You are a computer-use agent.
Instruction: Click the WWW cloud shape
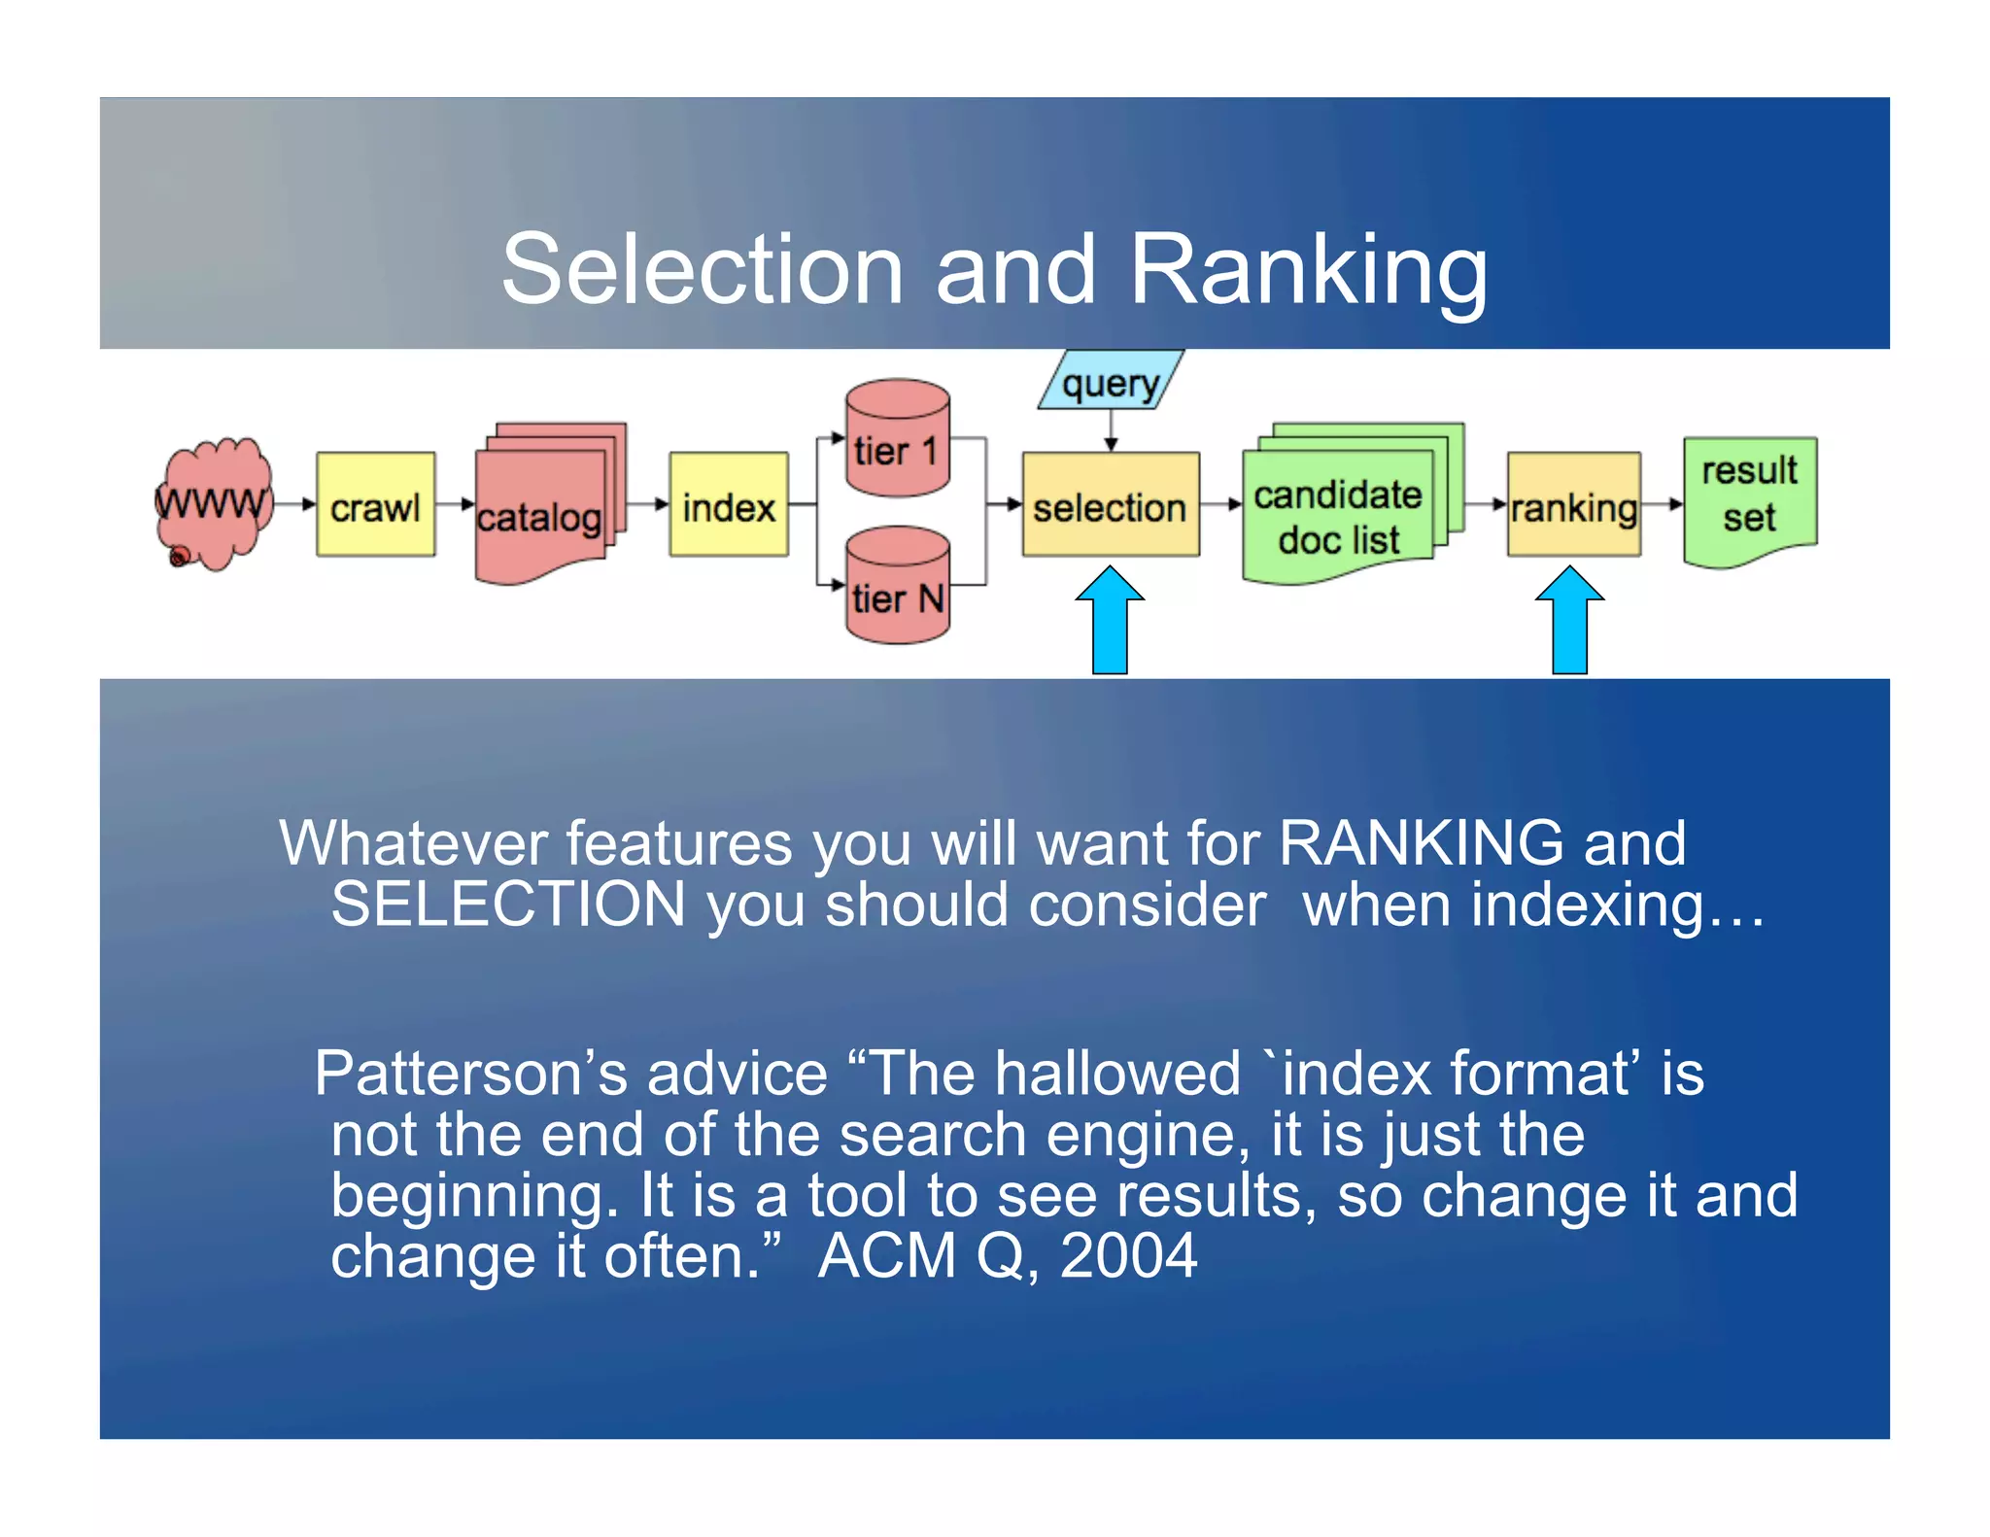213,503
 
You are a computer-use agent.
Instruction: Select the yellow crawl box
375,504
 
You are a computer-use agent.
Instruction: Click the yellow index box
728,504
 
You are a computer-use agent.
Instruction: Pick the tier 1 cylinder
897,439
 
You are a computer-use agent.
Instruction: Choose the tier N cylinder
897,587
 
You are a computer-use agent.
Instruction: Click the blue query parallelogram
1111,381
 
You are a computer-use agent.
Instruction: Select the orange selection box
1110,505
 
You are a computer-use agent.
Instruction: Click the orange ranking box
1573,505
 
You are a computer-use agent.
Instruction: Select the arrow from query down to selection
1111,430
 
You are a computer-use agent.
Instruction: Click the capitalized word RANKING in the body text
1421,842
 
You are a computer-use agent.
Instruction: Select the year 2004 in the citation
1128,1256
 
